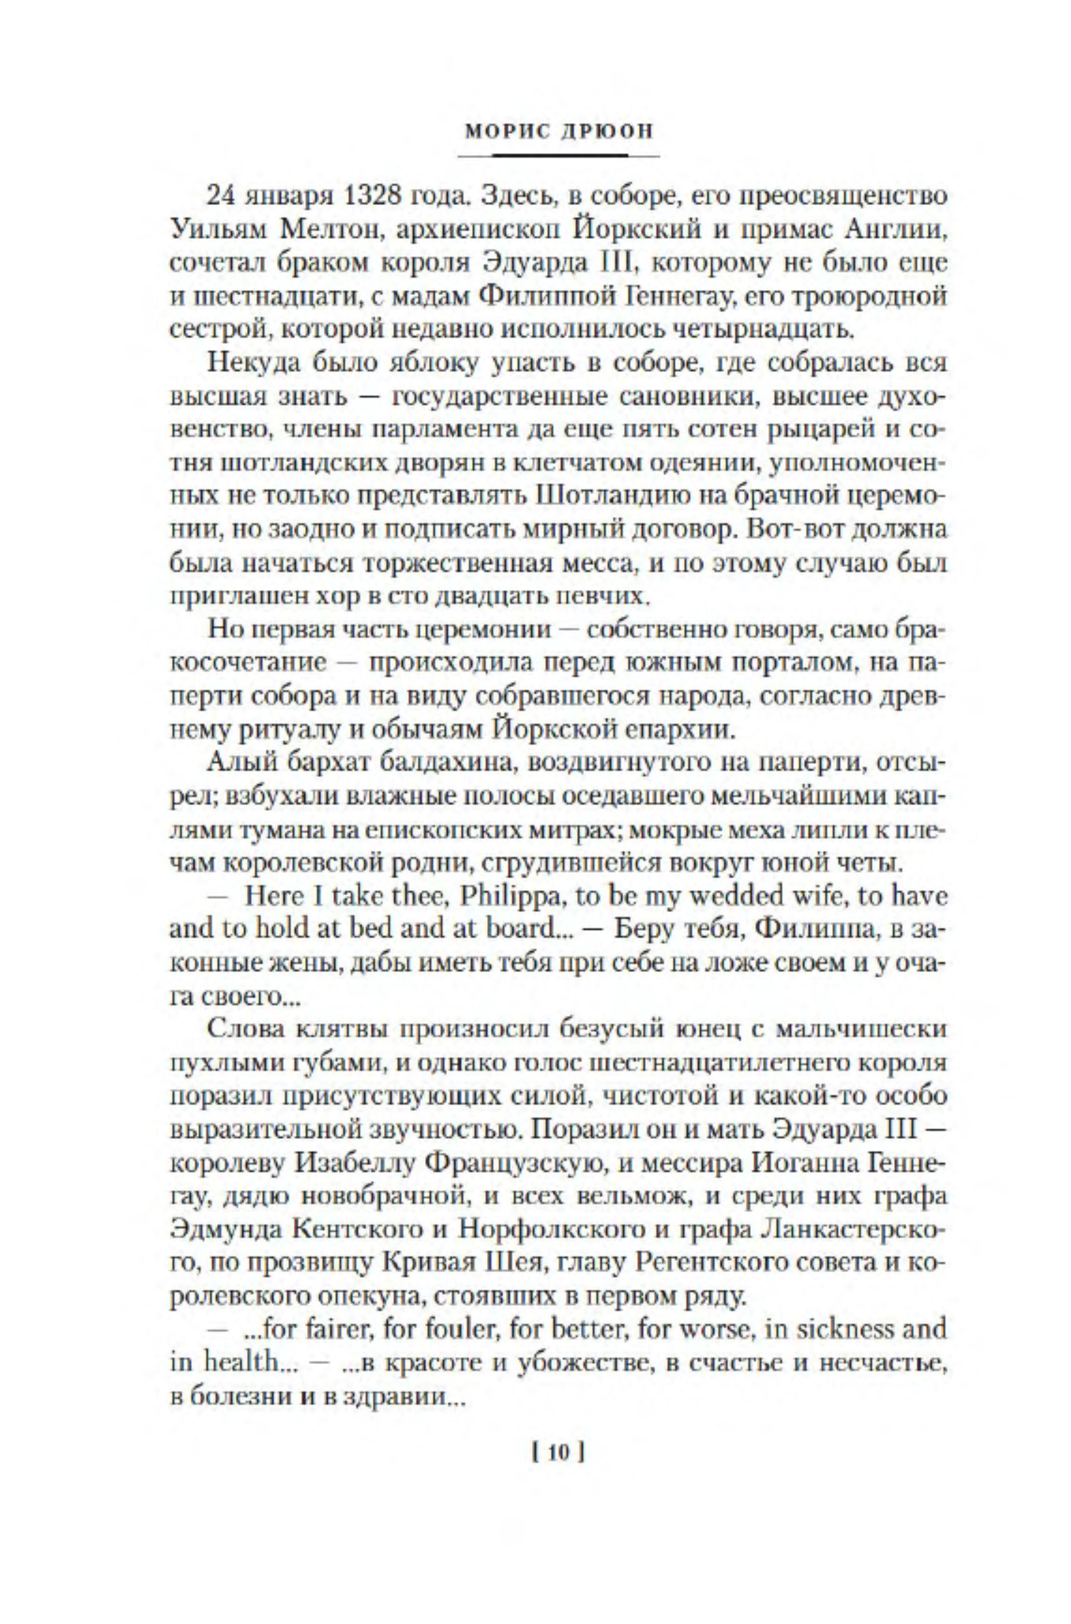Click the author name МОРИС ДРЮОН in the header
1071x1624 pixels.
click(559, 131)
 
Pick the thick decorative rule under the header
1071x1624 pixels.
click(559, 156)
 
